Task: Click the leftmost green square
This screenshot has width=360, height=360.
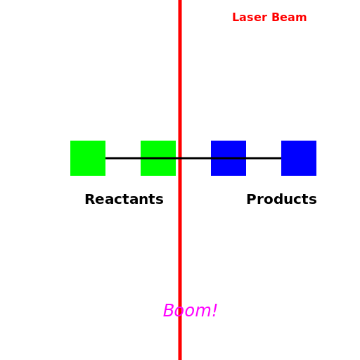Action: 88,158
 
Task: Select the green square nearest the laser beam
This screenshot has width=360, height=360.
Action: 158,158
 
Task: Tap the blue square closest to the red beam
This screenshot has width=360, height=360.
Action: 229,158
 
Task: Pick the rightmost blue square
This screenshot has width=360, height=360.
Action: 299,158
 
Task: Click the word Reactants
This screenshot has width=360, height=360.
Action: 124,200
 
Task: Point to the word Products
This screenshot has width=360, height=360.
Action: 281,200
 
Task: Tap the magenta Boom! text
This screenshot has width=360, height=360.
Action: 190,311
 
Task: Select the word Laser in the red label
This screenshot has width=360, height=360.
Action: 247,18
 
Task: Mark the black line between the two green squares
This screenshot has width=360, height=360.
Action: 123,158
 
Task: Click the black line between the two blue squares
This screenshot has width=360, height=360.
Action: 264,158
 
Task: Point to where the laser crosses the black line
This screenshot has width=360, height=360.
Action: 180,158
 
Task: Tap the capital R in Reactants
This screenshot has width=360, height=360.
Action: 90,200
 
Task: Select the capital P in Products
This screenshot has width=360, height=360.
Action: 251,200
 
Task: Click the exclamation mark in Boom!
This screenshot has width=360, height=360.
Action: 214,311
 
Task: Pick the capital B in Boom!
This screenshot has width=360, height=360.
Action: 169,311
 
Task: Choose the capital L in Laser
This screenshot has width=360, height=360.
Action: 236,18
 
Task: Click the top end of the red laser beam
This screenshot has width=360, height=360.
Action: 180,2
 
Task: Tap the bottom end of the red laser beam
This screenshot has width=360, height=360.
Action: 180,357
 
